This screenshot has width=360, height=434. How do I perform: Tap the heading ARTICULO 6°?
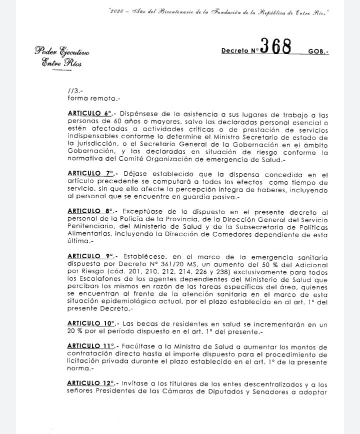tap(89, 114)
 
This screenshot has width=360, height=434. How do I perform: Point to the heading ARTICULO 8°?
tap(89, 212)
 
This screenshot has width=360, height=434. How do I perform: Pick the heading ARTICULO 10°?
tap(90, 324)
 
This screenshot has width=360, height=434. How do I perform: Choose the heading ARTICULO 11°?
tap(90, 347)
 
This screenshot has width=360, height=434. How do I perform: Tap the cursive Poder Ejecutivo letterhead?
tap(62, 51)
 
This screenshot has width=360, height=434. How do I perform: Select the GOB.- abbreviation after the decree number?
tap(318, 51)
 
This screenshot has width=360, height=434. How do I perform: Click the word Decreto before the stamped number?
tap(235, 51)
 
